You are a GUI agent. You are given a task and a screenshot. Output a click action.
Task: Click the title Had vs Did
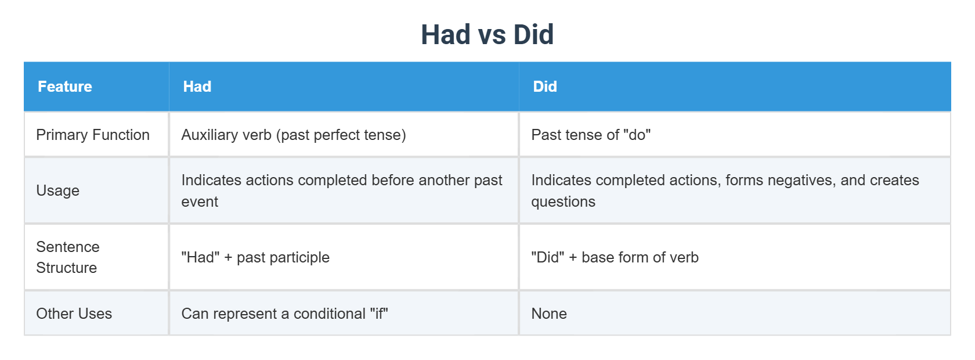click(x=487, y=35)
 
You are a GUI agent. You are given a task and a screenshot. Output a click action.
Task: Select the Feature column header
click(x=65, y=87)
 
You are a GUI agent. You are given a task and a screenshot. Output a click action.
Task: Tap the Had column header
click(x=197, y=87)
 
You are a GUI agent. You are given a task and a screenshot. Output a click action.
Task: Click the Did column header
click(x=545, y=87)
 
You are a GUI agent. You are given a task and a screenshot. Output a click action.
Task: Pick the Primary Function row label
click(x=93, y=135)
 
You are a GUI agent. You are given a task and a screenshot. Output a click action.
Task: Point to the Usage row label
click(x=58, y=190)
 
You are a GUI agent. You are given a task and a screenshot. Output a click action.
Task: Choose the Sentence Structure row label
click(x=67, y=257)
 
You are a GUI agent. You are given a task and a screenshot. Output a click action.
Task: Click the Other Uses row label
click(x=74, y=314)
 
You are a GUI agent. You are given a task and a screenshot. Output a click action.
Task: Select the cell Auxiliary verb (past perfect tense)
click(x=294, y=135)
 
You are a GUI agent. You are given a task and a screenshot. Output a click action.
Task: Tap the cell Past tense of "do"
click(x=591, y=135)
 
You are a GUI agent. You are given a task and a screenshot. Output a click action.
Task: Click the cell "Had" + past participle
click(x=255, y=257)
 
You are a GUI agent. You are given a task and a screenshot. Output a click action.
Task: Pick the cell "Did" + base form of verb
click(x=615, y=257)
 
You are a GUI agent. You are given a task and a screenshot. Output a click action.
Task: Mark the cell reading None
click(x=549, y=314)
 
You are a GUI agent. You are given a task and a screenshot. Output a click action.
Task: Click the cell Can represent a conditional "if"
click(x=284, y=314)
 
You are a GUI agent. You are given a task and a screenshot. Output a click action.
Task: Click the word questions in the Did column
click(x=563, y=202)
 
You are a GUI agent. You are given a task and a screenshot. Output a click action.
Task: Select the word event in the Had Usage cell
click(x=200, y=202)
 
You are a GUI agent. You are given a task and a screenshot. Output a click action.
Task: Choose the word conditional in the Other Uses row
click(x=329, y=314)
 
